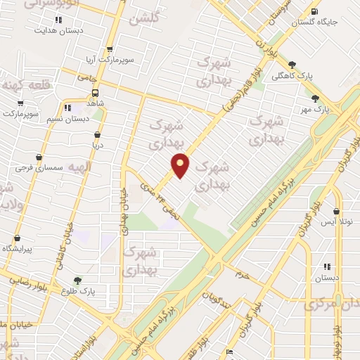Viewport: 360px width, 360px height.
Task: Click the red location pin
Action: (x=181, y=165)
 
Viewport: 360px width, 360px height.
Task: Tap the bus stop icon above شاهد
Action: (x=95, y=91)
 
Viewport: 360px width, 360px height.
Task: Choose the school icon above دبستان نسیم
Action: (x=68, y=108)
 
